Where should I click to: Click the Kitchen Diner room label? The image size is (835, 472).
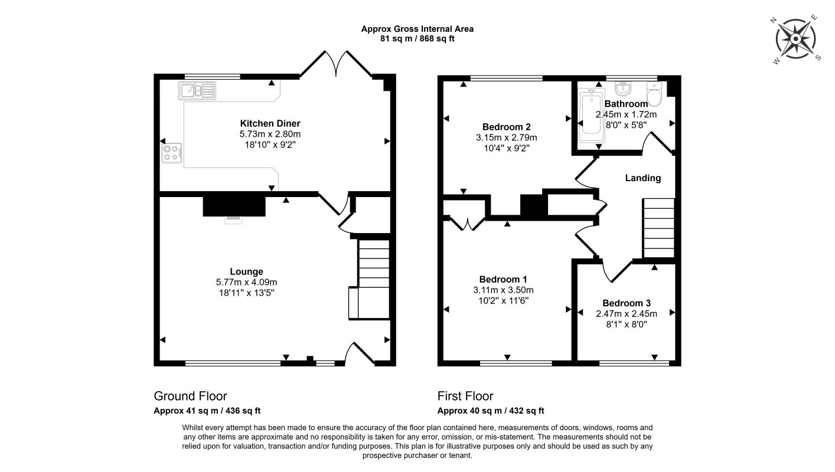point(270,123)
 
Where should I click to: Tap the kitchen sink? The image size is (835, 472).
point(197,90)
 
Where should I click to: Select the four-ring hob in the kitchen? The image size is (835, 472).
point(172,153)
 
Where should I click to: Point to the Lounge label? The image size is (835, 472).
point(246,271)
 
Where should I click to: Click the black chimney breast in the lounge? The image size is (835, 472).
point(234,206)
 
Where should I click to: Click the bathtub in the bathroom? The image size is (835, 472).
point(591,115)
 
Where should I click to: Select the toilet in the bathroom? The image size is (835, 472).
point(654,94)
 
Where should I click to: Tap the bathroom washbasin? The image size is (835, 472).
point(622,88)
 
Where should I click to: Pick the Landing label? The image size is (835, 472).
point(643,178)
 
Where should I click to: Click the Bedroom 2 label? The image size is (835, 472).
point(506,127)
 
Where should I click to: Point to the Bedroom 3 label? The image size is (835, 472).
point(626,303)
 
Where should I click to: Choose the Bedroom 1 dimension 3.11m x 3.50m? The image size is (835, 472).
point(503,290)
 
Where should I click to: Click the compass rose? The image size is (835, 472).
point(795,39)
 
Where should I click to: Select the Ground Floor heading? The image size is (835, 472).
point(191,396)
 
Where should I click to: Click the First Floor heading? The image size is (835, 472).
point(465,396)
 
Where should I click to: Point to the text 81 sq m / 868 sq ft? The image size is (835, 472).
point(417,39)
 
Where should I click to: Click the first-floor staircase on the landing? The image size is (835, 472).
point(658,228)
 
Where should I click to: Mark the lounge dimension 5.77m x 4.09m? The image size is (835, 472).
point(246,283)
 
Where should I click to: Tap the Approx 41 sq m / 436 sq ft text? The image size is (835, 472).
point(207,411)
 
